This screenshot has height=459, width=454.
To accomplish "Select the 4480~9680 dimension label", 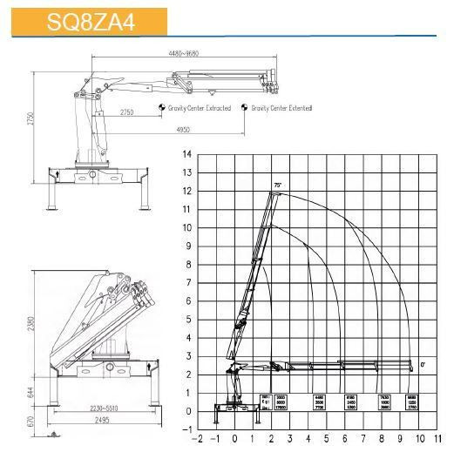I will pyautogui.click(x=186, y=54).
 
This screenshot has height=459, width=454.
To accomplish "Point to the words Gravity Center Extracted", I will pyautogui.click(x=200, y=108).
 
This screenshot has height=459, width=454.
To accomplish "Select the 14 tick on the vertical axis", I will pyautogui.click(x=186, y=154).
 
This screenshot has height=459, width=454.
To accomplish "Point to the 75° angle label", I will pyautogui.click(x=276, y=186).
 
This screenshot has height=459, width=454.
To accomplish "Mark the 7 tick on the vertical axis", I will pyautogui.click(x=187, y=282).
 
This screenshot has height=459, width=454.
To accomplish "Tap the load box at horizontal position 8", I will pyautogui.click(x=383, y=401).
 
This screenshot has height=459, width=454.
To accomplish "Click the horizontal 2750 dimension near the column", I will pyautogui.click(x=126, y=112).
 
